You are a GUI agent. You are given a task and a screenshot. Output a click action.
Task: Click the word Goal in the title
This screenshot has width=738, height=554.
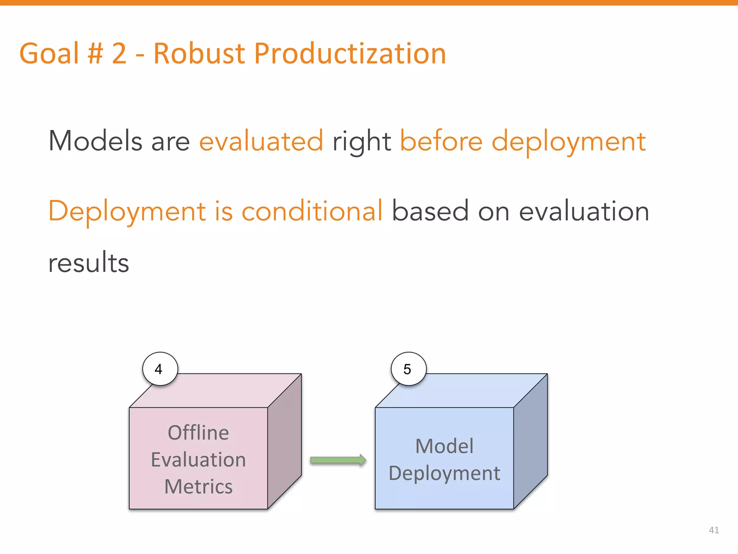pyautogui.click(x=49, y=53)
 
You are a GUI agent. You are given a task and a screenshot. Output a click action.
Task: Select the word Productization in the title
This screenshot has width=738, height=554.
pyautogui.click(x=350, y=53)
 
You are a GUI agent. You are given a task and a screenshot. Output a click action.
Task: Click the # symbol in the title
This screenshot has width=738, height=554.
pyautogui.click(x=95, y=53)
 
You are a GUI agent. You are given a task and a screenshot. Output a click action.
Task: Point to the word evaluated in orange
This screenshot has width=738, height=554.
pyautogui.click(x=261, y=141)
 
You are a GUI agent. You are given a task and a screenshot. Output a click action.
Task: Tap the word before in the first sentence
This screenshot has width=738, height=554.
pyautogui.click(x=441, y=141)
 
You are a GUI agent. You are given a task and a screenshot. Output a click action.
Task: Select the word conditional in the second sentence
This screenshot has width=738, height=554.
pyautogui.click(x=312, y=211)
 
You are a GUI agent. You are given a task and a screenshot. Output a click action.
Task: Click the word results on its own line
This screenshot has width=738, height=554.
pyautogui.click(x=89, y=263)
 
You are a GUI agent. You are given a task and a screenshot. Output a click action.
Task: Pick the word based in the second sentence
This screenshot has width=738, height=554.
pyautogui.click(x=430, y=211)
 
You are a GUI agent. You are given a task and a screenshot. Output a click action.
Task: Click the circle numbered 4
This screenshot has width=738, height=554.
pyautogui.click(x=160, y=369)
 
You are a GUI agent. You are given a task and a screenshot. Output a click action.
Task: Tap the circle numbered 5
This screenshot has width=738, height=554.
pyautogui.click(x=408, y=369)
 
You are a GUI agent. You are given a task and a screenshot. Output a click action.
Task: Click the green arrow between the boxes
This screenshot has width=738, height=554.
pyautogui.click(x=338, y=460)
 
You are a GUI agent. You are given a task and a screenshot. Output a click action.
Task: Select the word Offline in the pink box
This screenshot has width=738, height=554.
pyautogui.click(x=198, y=432)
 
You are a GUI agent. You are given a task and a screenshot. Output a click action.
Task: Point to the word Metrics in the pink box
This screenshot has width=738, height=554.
pyautogui.click(x=198, y=487)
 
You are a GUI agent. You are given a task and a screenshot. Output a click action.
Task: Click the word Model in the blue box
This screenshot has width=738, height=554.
pyautogui.click(x=444, y=446)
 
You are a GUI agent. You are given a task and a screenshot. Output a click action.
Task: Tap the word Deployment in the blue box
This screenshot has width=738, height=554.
pyautogui.click(x=444, y=473)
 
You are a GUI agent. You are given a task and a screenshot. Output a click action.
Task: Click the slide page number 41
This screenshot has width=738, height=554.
pyautogui.click(x=713, y=530)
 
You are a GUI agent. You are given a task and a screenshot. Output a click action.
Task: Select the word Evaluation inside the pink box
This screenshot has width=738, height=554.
pyautogui.click(x=198, y=460)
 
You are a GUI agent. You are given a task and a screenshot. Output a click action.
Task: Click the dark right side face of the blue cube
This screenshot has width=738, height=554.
pyautogui.click(x=530, y=442)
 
